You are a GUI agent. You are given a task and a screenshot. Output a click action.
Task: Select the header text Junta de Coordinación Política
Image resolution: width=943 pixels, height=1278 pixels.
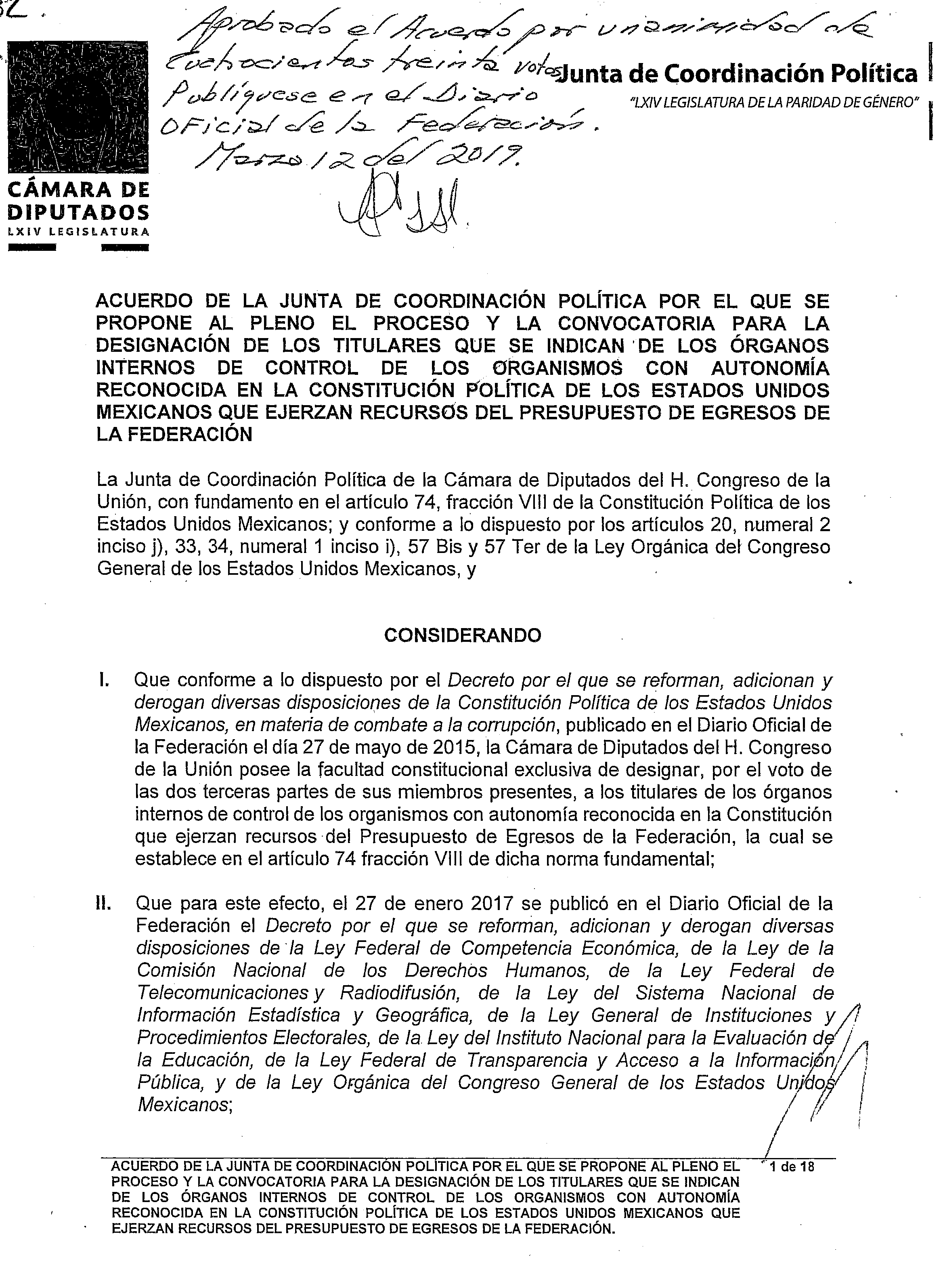[739, 74]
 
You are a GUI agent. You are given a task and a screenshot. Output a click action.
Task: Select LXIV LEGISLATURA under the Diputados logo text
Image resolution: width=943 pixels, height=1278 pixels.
[78, 232]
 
